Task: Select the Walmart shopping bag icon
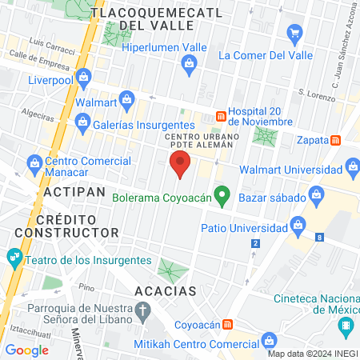(x=125, y=102)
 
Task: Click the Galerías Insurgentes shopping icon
(x=81, y=121)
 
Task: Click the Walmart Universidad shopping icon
(x=352, y=168)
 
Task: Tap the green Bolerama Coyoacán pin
(x=225, y=194)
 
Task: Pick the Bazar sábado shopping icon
(x=317, y=195)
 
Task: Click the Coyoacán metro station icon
(x=229, y=324)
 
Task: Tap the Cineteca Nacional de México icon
(x=346, y=326)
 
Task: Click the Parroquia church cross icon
(x=143, y=310)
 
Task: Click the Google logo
(x=26, y=350)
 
